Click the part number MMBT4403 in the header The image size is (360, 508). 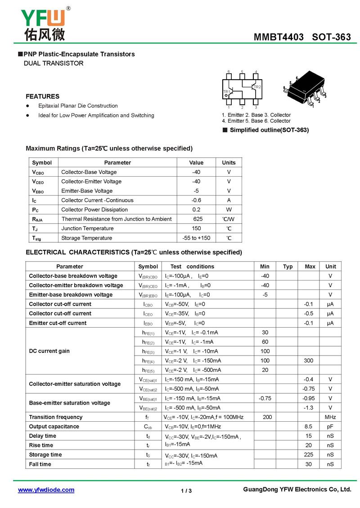click(279, 37)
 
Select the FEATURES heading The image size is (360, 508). click(42, 96)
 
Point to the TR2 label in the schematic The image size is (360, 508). click(257, 87)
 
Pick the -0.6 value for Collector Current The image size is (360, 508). click(196, 200)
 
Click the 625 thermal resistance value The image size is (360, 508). click(198, 219)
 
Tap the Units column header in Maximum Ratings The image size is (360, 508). click(229, 163)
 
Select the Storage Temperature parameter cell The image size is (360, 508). click(87, 238)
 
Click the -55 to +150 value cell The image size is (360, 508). click(196, 238)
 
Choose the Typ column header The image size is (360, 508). click(288, 267)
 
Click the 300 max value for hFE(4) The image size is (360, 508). click(308, 361)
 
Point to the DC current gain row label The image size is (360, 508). click(49, 351)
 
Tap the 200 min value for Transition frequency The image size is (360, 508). click(267, 417)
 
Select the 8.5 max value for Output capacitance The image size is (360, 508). click(308, 427)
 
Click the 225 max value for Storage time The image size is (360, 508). click(308, 455)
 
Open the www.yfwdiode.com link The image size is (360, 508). click(46, 490)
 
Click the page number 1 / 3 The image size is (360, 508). click(186, 491)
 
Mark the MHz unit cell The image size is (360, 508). click(330, 417)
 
